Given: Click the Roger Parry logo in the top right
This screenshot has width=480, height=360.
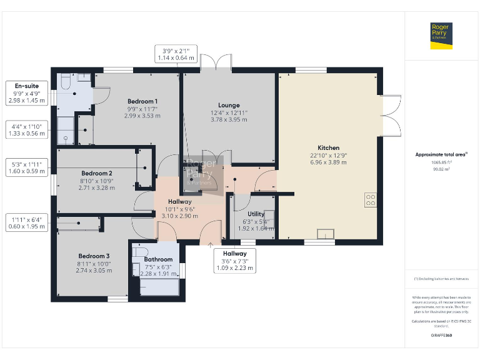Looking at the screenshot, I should pos(441,35).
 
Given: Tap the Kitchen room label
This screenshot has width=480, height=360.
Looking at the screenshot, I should pos(328,148).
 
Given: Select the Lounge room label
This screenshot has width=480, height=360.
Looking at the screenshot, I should pos(229,105).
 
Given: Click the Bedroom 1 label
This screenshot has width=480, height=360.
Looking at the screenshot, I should pos(142,101).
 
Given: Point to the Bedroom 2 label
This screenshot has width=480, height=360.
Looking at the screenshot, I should pos(97,173).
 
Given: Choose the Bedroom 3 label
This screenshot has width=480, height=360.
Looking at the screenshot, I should pos(94,256).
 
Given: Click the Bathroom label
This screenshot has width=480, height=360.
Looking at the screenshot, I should pos(158,259).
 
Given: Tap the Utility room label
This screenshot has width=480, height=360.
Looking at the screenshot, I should pos(256,214).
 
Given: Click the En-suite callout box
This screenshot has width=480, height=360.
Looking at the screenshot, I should pos(27,92).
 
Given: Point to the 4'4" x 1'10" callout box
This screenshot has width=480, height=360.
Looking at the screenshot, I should pos(27,129).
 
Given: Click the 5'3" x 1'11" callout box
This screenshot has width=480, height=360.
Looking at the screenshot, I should pos(27,167).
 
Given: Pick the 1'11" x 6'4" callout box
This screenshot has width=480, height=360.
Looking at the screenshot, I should pos(27,223).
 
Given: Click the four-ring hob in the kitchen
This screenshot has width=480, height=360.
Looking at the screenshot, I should pos(370,199).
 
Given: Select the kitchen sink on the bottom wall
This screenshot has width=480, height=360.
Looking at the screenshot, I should pos(325,234).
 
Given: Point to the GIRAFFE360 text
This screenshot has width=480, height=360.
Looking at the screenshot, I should pos(441,336).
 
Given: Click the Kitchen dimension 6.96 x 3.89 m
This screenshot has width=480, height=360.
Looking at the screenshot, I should pos(328,162).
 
